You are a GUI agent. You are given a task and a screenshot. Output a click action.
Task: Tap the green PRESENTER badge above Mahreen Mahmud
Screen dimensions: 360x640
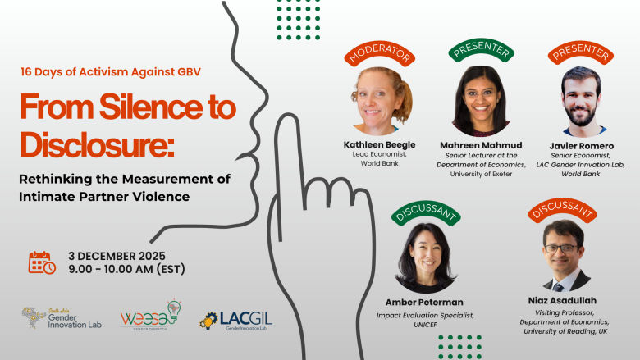[480, 50]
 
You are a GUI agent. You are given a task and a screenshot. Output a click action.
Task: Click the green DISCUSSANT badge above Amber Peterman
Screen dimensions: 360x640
[425, 212]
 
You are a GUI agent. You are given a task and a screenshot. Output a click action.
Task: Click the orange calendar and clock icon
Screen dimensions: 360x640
[42, 262]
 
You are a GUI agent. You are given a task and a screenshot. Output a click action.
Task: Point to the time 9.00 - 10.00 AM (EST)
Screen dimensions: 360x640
[127, 269]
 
